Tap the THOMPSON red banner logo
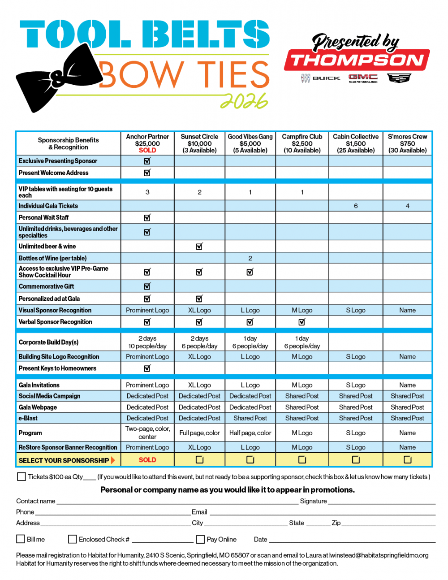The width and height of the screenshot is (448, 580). (x=357, y=60)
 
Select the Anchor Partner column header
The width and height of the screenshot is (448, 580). (x=147, y=137)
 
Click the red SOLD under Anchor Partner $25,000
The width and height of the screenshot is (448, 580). (x=147, y=150)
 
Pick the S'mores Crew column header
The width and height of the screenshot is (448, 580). (x=407, y=137)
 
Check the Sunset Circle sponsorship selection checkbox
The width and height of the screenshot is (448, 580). (x=199, y=459)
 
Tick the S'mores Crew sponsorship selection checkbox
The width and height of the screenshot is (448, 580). (x=407, y=459)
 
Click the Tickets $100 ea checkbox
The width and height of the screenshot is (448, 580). (x=22, y=476)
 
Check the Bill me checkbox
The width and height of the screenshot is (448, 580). (x=21, y=539)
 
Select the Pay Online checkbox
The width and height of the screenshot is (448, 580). (x=201, y=539)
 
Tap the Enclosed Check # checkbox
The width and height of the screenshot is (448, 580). (x=72, y=539)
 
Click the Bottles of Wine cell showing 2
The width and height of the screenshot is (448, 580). (x=250, y=258)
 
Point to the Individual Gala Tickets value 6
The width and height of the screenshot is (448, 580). (x=356, y=206)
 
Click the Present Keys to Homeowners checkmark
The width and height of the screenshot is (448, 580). (x=147, y=368)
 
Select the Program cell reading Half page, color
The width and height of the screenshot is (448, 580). (x=250, y=433)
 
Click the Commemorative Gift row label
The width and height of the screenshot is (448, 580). (x=47, y=286)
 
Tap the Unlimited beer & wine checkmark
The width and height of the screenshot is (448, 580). (x=199, y=246)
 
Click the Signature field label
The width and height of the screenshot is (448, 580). (x=313, y=501)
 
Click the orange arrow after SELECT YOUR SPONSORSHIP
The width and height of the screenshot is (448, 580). (x=113, y=460)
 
